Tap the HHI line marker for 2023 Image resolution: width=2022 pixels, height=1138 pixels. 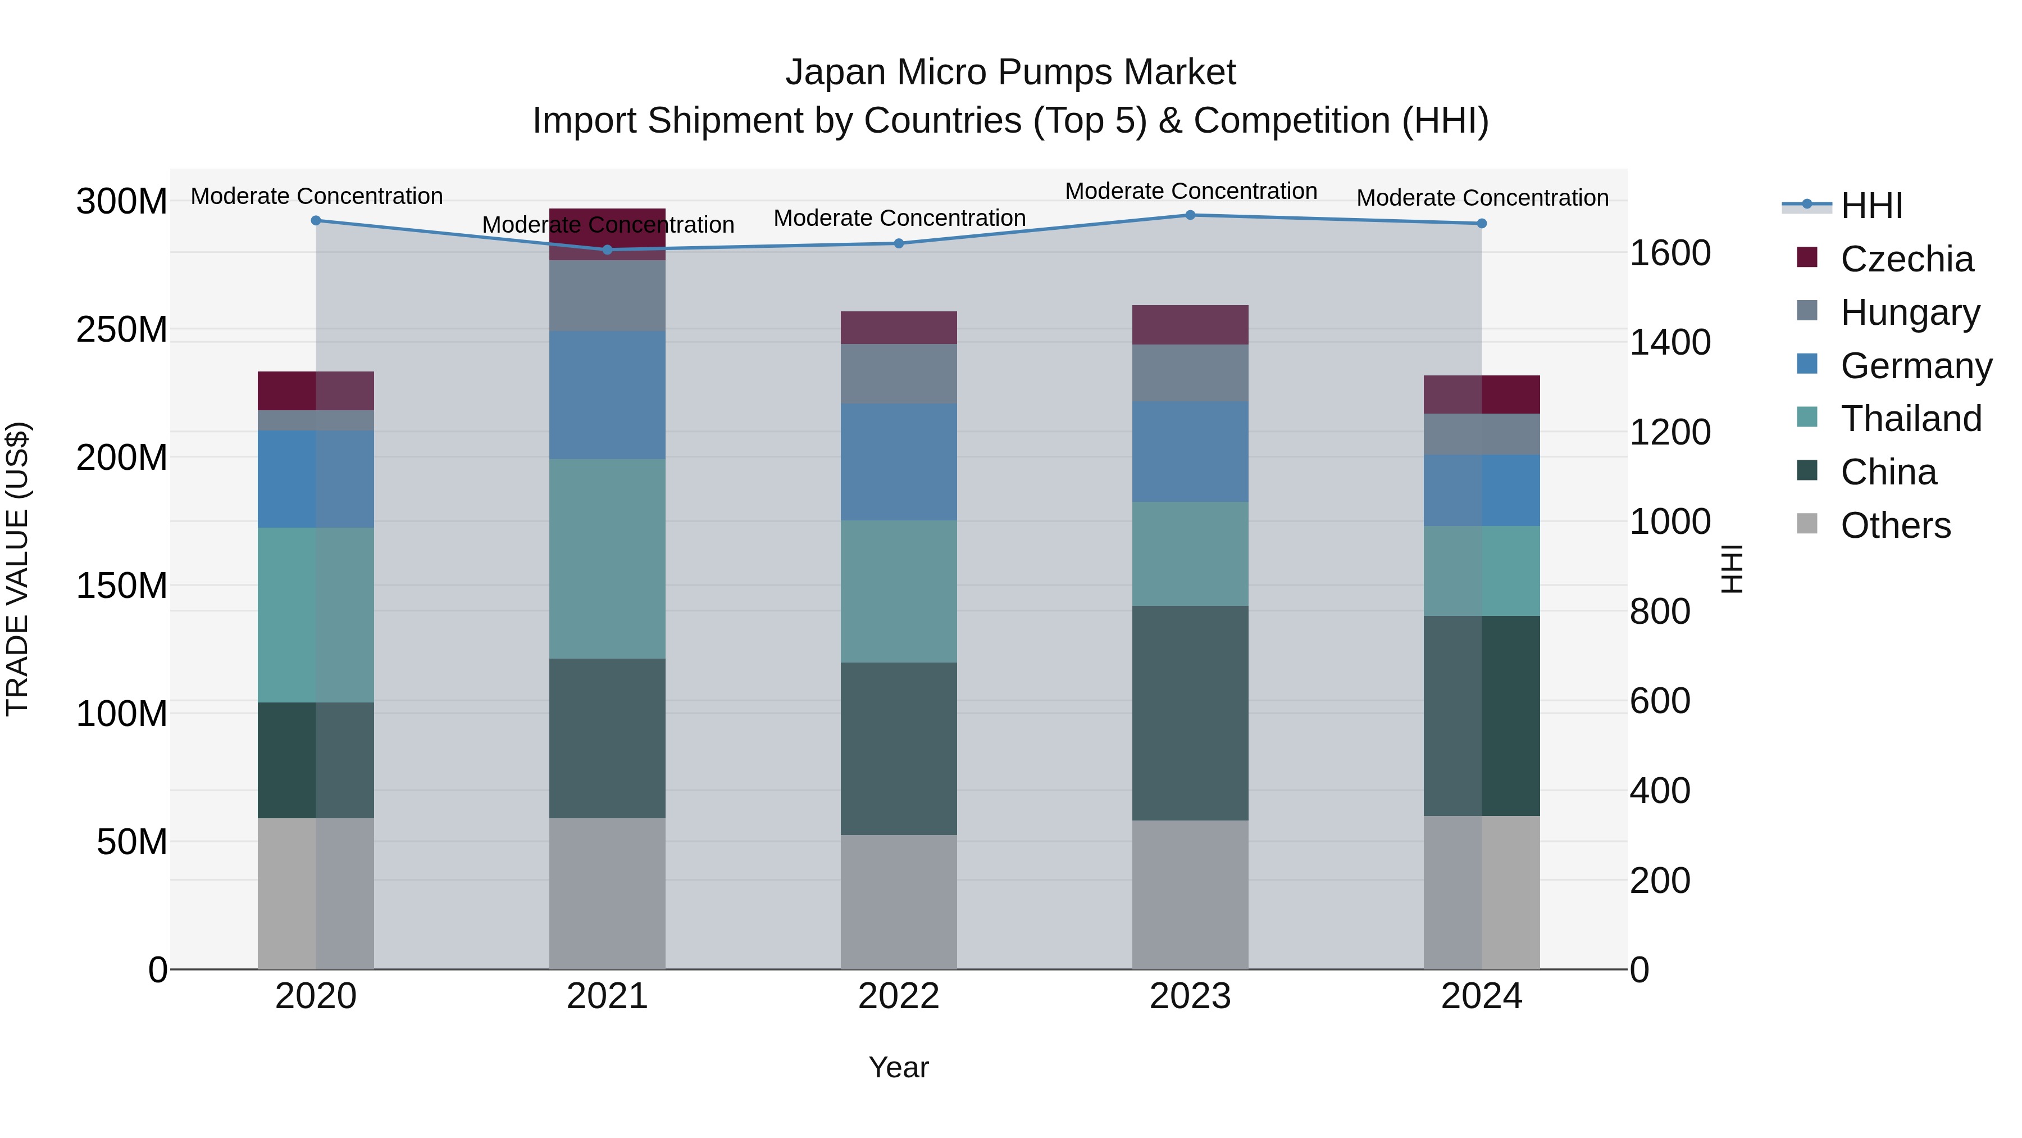[1190, 215]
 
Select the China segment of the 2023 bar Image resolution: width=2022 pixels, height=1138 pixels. [1190, 713]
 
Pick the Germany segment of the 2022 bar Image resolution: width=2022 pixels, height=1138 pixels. [899, 462]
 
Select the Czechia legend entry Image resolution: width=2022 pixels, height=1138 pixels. [1906, 259]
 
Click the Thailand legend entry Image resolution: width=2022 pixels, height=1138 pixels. [1911, 419]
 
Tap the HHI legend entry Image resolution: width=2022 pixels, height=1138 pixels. [1871, 206]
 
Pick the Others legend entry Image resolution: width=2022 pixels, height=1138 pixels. [1895, 525]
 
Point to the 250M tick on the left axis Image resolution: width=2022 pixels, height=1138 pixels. [122, 329]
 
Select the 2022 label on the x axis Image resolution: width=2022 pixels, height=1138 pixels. [899, 996]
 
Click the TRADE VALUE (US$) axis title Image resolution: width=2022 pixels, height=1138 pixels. [17, 569]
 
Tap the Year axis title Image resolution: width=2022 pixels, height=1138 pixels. [899, 1067]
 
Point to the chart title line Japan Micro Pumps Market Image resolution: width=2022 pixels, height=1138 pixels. [1010, 72]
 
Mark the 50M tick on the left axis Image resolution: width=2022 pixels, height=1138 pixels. [132, 842]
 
